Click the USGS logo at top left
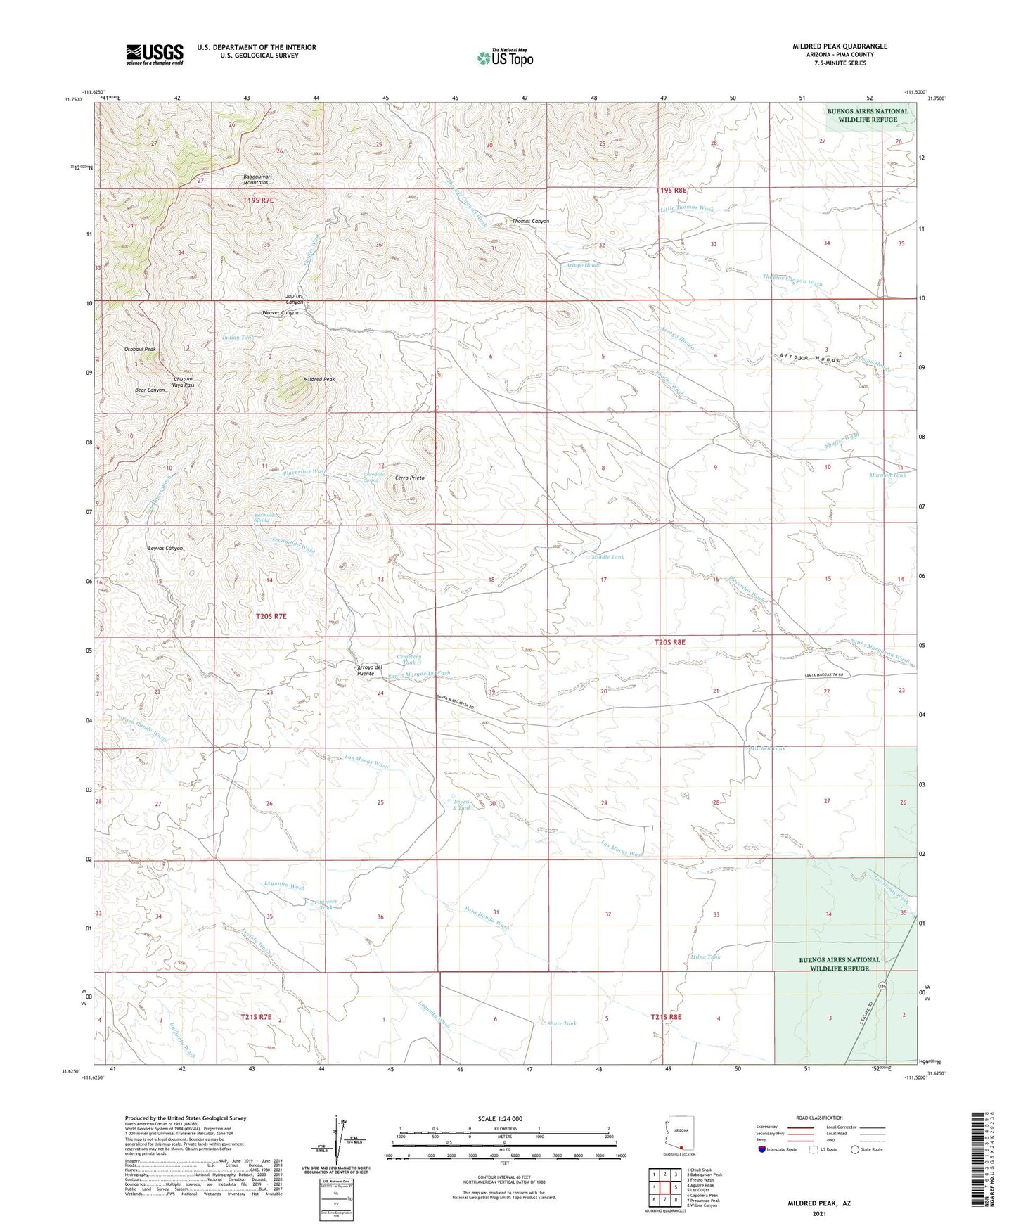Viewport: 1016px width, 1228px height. [155, 54]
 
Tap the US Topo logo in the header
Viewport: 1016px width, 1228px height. [505, 58]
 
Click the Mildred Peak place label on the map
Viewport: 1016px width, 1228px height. [319, 379]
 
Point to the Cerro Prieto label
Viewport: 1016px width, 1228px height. [409, 478]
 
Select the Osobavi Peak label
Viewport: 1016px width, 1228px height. [140, 349]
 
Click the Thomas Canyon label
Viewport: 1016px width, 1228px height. [530, 222]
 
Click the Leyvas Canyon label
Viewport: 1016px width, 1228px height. [165, 548]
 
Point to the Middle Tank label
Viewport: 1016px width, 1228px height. [607, 557]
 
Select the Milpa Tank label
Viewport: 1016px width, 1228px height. [706, 957]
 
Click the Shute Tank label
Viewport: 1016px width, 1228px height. [562, 1023]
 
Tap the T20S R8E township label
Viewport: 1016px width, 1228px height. [669, 642]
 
